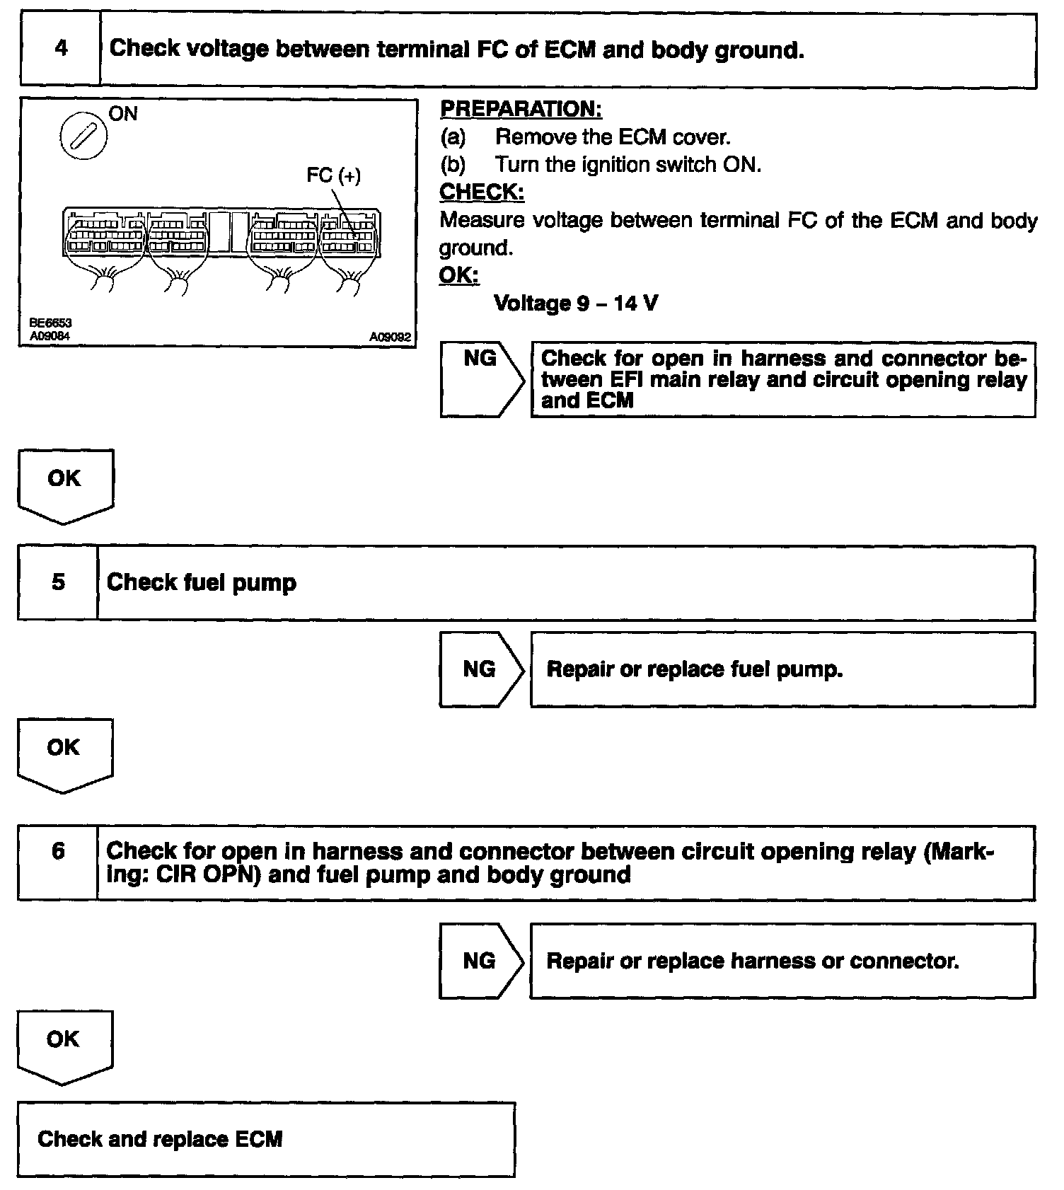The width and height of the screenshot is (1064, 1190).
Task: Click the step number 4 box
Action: click(x=61, y=50)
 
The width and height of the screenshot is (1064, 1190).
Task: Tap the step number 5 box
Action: click(x=58, y=583)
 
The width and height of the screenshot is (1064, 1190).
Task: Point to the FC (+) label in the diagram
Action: click(x=333, y=175)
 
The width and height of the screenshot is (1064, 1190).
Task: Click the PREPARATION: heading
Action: click(x=521, y=109)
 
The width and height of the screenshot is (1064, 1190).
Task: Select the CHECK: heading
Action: click(x=482, y=192)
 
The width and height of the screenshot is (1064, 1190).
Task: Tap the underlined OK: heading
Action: click(x=458, y=275)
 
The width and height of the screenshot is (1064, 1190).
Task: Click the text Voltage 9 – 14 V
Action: click(x=576, y=304)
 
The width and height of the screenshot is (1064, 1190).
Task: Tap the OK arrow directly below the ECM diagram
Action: click(x=65, y=484)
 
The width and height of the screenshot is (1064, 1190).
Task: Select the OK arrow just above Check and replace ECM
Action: click(x=64, y=1044)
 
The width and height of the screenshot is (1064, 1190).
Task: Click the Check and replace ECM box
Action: click(x=266, y=1139)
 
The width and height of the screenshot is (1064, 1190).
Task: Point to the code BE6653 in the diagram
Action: click(x=51, y=323)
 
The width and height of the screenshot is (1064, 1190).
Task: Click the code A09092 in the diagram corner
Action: click(x=390, y=337)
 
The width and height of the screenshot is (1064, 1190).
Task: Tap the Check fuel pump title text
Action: click(x=202, y=583)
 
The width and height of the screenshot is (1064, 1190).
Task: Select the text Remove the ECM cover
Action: click(x=613, y=137)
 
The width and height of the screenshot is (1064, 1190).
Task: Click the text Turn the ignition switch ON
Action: click(x=628, y=164)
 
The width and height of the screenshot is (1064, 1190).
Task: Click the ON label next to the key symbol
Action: click(x=123, y=114)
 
